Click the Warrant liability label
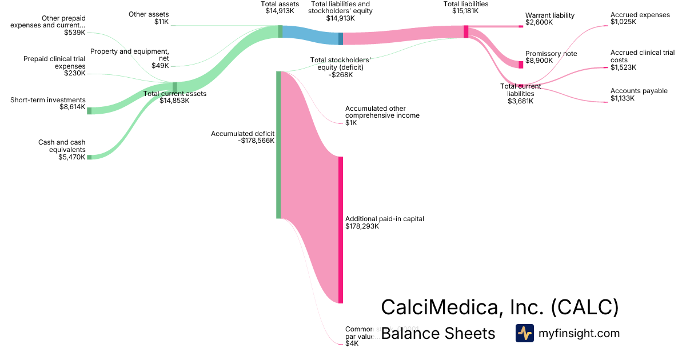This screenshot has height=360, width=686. [x=549, y=15]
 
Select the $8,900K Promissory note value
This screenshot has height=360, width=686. [x=539, y=61]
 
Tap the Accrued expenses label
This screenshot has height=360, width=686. [x=640, y=15]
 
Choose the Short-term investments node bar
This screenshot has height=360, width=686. [x=89, y=110]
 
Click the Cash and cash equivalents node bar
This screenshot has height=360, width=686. [x=89, y=157]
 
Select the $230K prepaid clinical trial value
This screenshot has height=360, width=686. [x=74, y=73]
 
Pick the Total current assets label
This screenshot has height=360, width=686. [x=174, y=94]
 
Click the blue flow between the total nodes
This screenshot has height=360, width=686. [x=310, y=35]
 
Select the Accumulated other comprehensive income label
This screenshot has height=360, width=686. [x=382, y=111]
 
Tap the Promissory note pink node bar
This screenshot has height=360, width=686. [x=521, y=65]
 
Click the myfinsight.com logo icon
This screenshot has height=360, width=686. [x=524, y=333]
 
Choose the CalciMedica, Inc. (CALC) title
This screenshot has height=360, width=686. [x=500, y=307]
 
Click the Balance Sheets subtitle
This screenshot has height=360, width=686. [x=437, y=333]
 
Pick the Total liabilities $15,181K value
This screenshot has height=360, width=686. [x=465, y=11]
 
